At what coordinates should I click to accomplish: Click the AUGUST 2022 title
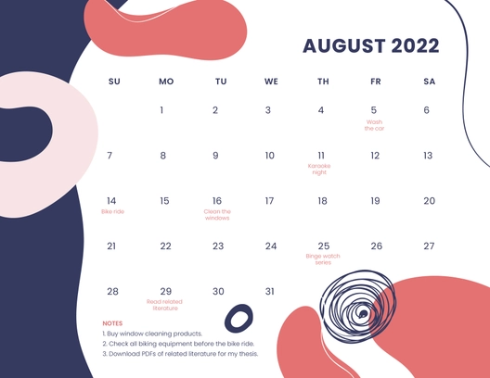pos(370,46)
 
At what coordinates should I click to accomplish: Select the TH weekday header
pos(323,82)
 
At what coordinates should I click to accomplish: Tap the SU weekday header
pos(114,82)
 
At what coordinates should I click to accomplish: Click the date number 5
pos(374,110)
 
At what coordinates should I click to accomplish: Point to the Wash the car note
pos(374,125)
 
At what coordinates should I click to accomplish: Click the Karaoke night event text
pos(321,170)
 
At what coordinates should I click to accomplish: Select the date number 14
pos(111,201)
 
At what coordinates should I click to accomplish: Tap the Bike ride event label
pos(111,212)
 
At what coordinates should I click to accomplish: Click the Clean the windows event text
pos(217,215)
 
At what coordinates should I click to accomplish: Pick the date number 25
pos(323,246)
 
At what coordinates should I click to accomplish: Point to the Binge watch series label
pos(323,259)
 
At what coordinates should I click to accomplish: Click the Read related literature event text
pos(165,305)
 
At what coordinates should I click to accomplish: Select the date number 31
pos(270,292)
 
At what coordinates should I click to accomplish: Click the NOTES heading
pos(112,323)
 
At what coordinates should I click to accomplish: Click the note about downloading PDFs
pos(180,354)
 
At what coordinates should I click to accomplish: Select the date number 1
pos(161,110)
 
